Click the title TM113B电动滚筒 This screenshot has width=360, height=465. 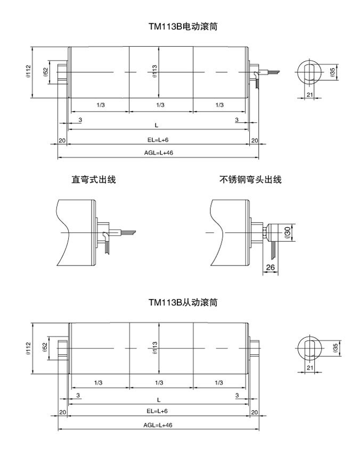(179, 26)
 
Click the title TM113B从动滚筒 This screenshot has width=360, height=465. (179, 303)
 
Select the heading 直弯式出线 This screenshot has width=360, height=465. (94, 180)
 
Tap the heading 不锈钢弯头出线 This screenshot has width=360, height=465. (250, 180)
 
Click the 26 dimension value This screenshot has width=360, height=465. (271, 267)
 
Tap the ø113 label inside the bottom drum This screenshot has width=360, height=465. (154, 348)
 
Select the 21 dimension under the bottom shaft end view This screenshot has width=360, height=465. (309, 368)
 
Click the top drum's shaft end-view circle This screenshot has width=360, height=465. (309, 72)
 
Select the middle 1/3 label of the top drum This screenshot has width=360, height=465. (159, 105)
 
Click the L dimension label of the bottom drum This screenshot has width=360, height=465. (158, 399)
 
